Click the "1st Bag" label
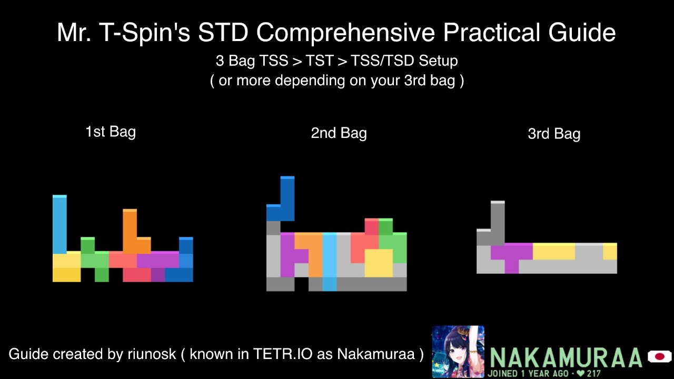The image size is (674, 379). click(x=111, y=132)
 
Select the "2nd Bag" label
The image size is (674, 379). click(x=339, y=133)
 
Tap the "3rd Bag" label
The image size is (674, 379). click(x=554, y=134)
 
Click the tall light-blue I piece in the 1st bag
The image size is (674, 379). click(x=60, y=224)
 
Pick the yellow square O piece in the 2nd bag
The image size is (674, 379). click(x=379, y=263)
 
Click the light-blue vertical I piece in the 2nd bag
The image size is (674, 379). click(x=329, y=261)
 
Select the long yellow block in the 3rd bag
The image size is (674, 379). click(x=553, y=251)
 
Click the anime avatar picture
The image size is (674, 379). click(x=458, y=351)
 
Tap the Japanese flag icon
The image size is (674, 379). click(x=659, y=357)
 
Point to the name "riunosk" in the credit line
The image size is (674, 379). click(x=151, y=354)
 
